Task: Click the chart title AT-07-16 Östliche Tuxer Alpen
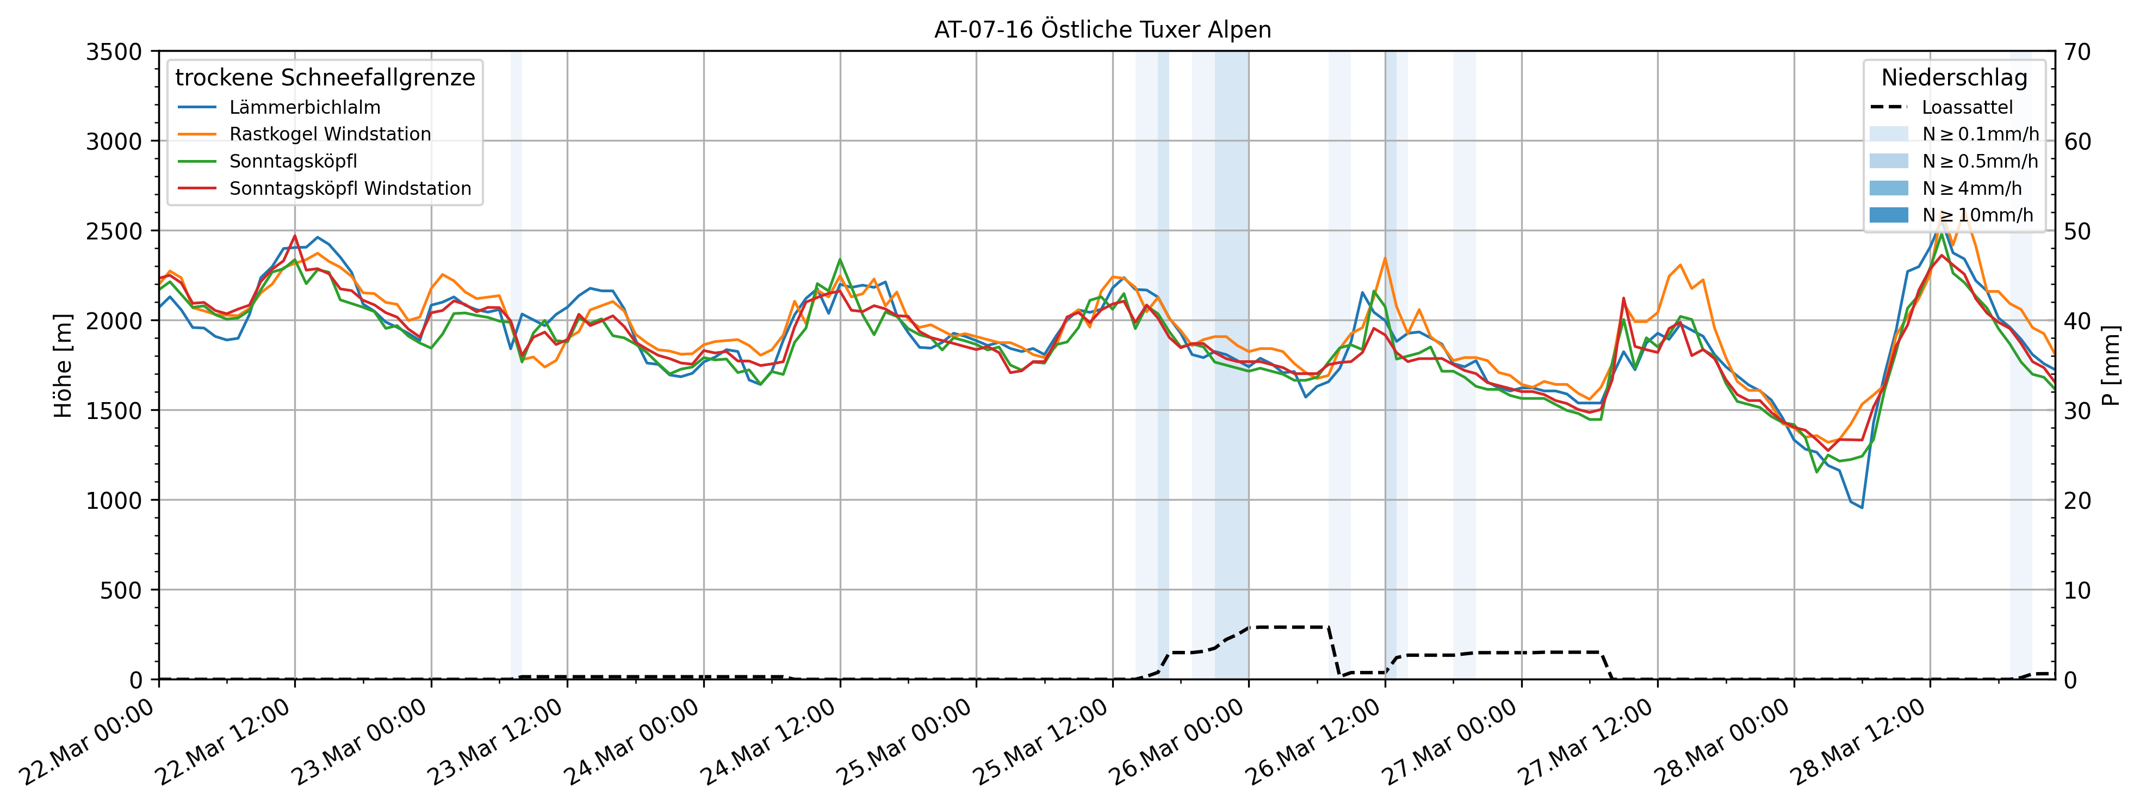pyautogui.click(x=1102, y=30)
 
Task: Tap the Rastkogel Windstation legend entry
pyautogui.click(x=330, y=134)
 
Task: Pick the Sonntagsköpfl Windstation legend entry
pyautogui.click(x=350, y=189)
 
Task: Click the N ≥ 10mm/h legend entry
pyautogui.click(x=1977, y=215)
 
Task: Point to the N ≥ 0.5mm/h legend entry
pyautogui.click(x=1980, y=161)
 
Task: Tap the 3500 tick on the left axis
pyautogui.click(x=114, y=52)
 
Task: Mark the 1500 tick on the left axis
pyautogui.click(x=114, y=410)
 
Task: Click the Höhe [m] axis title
pyautogui.click(x=63, y=366)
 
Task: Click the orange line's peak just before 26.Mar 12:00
pyautogui.click(x=1385, y=257)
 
